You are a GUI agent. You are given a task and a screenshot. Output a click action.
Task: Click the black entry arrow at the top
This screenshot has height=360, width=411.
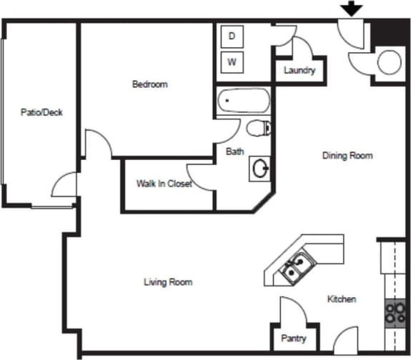(x=352, y=9)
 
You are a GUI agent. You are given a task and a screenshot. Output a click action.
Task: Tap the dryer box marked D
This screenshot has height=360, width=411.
(x=232, y=36)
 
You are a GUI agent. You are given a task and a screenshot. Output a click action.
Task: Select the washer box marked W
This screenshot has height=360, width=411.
(x=232, y=62)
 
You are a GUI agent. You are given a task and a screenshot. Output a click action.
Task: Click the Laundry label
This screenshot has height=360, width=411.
(x=299, y=70)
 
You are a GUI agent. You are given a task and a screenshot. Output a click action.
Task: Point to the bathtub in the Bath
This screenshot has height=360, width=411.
(x=243, y=101)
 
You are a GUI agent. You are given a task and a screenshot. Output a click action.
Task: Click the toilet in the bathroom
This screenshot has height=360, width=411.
(x=258, y=129)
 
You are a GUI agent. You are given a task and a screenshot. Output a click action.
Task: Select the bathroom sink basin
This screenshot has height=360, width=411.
(x=260, y=169)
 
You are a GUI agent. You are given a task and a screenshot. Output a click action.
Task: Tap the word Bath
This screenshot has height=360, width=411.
(x=235, y=151)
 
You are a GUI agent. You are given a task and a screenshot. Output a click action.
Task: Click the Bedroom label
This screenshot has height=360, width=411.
(x=150, y=84)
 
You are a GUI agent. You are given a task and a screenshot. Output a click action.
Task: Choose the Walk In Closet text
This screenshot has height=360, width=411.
(x=164, y=184)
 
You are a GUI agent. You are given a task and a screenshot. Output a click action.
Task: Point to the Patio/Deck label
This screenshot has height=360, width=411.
(x=41, y=112)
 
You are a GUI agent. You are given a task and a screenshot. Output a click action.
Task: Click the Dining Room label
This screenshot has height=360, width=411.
(x=347, y=155)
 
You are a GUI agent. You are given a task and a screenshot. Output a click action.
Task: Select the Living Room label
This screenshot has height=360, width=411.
(x=168, y=282)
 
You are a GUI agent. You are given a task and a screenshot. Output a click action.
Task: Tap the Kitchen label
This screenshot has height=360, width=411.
(x=342, y=299)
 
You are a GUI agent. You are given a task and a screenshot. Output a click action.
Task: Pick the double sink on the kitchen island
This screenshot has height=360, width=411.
(x=295, y=267)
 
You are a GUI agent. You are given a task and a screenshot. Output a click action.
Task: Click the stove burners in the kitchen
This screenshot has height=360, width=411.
(x=395, y=312)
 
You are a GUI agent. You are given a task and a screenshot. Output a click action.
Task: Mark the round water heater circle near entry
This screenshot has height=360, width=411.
(x=390, y=62)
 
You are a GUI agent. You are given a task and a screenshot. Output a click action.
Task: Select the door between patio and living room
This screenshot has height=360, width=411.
(x=64, y=184)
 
